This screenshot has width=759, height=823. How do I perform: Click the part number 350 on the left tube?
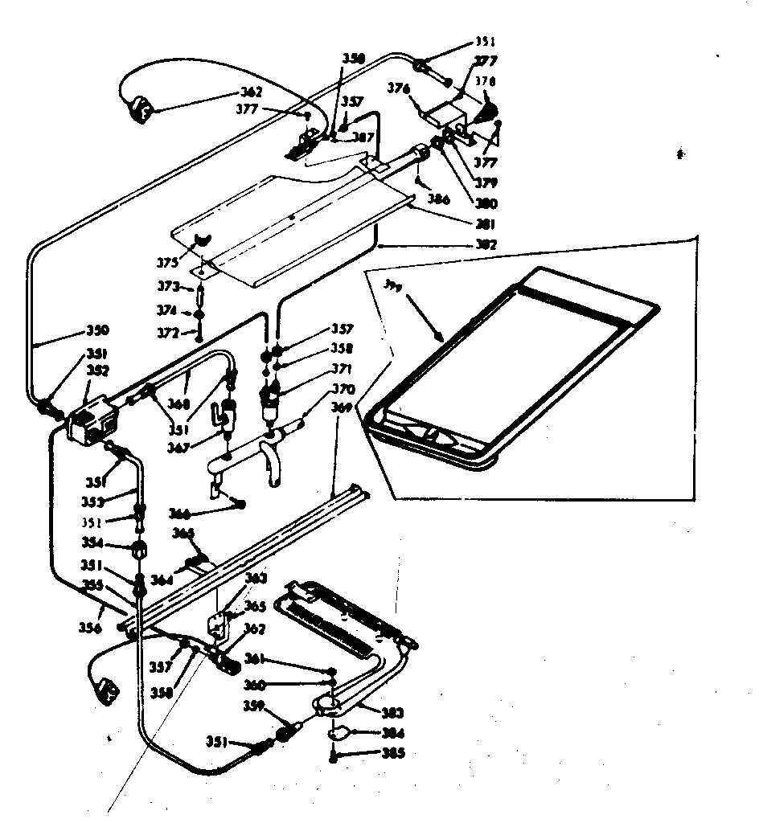[x=97, y=330]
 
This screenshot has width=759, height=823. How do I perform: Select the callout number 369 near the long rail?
[x=342, y=407]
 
